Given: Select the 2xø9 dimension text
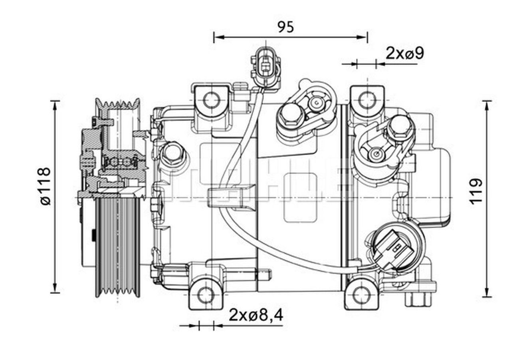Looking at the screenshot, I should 404,53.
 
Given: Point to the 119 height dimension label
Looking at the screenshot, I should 475,191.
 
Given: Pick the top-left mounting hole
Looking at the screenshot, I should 211,100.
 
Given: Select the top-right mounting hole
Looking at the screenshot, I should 366,100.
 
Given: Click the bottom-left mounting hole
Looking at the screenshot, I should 206,295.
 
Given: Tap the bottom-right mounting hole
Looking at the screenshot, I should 362,295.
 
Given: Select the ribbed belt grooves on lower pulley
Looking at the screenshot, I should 118,248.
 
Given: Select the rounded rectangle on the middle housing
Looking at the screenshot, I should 300,198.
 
